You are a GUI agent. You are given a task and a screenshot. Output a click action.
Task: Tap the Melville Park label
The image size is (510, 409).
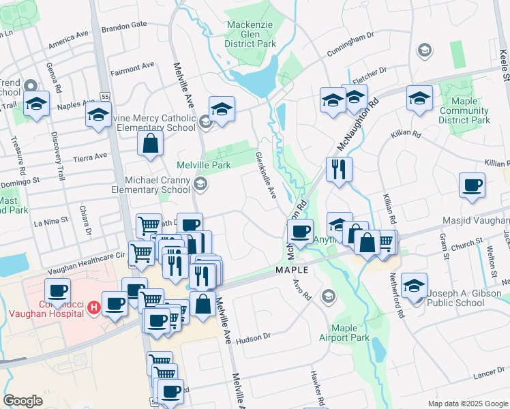(204, 165)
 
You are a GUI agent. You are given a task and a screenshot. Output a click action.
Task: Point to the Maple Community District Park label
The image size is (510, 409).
(464, 110)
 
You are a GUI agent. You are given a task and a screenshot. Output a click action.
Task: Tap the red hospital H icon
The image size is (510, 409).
(95, 307)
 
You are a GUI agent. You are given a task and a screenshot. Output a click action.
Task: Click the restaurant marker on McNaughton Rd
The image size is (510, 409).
(339, 171)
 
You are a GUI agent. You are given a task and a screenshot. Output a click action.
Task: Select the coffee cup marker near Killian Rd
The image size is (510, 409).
(472, 186)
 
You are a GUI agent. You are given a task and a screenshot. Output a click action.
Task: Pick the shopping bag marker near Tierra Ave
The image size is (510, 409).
(150, 145)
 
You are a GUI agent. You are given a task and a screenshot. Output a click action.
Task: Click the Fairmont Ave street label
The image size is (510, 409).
(133, 69)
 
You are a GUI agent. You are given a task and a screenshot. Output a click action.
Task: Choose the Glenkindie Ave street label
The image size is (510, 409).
(265, 175)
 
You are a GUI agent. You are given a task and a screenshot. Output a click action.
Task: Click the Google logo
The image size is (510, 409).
(22, 401)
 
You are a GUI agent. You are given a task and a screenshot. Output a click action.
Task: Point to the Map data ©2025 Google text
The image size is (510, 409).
(467, 404)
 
